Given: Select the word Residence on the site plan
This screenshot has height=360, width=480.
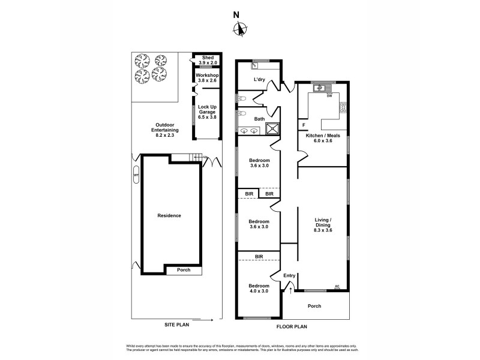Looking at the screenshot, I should (169, 215).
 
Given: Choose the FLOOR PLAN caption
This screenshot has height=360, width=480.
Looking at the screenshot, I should (292, 327).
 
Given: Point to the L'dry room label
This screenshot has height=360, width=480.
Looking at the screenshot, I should (259, 79).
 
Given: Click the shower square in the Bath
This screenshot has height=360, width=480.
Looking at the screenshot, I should (272, 127).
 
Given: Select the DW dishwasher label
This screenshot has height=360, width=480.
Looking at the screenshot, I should (329, 96).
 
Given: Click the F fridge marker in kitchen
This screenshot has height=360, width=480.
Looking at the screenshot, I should (304, 125).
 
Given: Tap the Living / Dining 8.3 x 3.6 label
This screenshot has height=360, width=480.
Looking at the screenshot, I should (322, 225).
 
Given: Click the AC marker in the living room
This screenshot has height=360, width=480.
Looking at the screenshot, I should (337, 287).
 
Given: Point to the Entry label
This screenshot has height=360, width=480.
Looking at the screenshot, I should (289, 275).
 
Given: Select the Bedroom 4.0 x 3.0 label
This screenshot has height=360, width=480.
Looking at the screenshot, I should (259, 286).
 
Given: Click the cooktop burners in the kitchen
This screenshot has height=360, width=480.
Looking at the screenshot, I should (343, 108).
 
